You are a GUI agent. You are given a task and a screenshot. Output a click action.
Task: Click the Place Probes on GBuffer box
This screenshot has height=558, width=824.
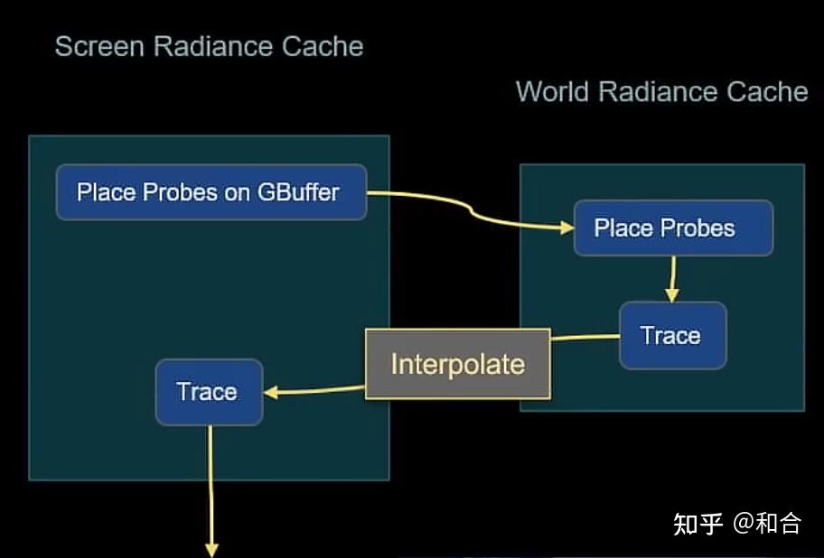[211, 192]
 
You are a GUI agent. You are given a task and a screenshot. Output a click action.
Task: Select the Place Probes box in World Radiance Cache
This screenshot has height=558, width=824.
[672, 228]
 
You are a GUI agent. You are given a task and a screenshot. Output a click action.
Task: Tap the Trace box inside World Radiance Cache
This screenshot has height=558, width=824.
[672, 336]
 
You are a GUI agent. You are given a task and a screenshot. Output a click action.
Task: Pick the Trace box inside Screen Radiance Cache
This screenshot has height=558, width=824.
[209, 392]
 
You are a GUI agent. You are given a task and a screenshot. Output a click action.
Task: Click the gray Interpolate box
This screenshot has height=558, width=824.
[457, 364]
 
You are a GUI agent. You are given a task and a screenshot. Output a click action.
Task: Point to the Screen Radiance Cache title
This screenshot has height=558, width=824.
[209, 47]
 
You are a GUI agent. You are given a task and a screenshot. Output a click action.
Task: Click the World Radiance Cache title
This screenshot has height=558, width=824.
[661, 91]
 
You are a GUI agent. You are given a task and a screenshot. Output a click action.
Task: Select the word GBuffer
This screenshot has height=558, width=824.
[297, 192]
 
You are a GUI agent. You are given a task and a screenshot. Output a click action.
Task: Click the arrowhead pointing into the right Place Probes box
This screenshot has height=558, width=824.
[567, 228]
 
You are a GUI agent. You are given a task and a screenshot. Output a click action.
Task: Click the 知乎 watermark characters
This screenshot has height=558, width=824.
[698, 523]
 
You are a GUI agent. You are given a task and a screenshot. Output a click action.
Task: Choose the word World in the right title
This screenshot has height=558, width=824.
[553, 91]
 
